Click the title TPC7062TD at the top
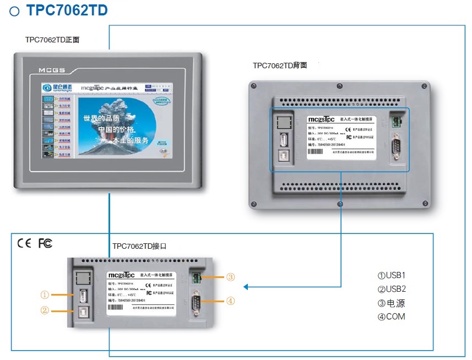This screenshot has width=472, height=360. pos(67,10)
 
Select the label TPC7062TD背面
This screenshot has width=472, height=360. pos(280,66)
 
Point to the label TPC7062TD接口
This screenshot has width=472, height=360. pos(139,246)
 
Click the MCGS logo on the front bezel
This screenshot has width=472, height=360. pos(52,70)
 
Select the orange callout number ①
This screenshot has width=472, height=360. pos(45,294)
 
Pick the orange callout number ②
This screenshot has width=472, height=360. pos(45,310)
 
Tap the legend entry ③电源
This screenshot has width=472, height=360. pos(392,303)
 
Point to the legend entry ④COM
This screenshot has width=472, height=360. pos(391,317)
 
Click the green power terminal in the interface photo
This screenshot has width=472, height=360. pos(196,277)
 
